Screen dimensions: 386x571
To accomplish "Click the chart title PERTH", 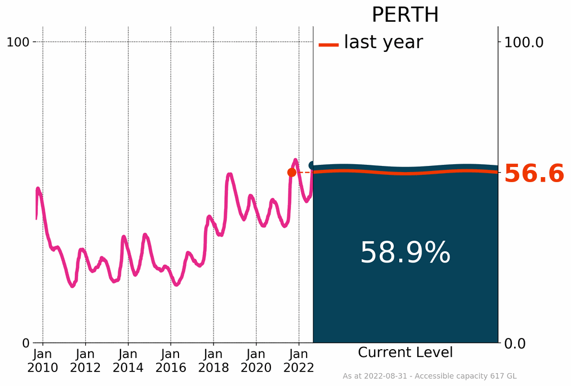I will click(405, 15).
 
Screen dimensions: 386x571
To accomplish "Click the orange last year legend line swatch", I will click(328, 45).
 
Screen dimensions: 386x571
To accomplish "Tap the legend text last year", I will click(383, 42).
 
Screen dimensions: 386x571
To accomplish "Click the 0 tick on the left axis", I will click(25, 342).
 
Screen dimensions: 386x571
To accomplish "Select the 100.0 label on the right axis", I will click(524, 42).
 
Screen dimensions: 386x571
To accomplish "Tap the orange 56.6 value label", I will click(534, 174).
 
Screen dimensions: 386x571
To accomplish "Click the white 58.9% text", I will click(405, 253).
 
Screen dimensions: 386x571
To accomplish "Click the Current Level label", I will click(405, 352).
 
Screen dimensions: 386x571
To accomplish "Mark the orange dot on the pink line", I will click(292, 173).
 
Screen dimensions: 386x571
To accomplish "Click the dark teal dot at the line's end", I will click(313, 165).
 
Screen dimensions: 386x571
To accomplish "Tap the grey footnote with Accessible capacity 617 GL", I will click(429, 377).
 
